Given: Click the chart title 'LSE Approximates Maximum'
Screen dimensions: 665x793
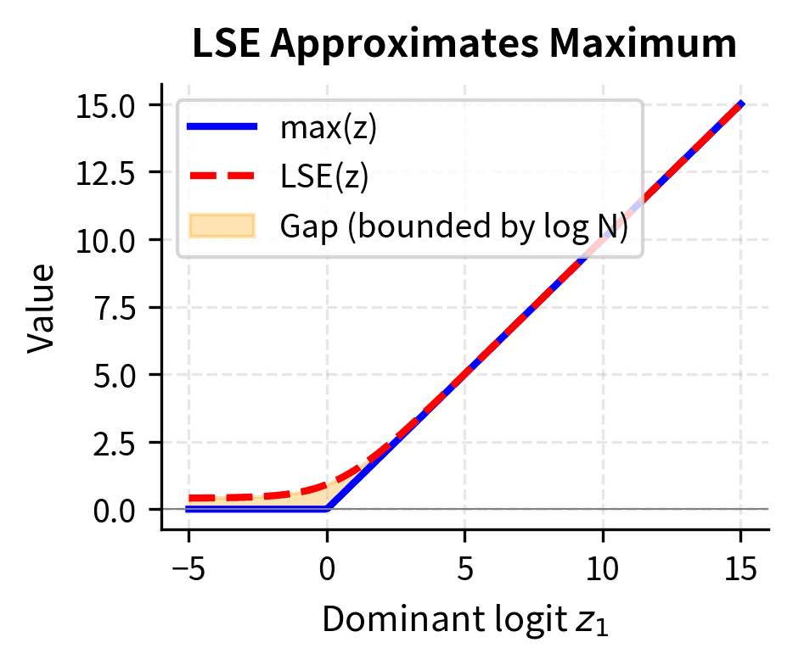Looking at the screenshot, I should coord(464,45).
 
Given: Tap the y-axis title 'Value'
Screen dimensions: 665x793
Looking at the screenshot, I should coord(40,307).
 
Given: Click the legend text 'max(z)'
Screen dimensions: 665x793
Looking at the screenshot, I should coord(328,128).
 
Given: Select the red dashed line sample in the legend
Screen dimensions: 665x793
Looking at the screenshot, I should coord(222,176).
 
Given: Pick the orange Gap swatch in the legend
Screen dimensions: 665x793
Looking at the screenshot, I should coord(222,226).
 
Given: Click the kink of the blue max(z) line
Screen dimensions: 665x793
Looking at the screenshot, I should coord(328,509).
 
